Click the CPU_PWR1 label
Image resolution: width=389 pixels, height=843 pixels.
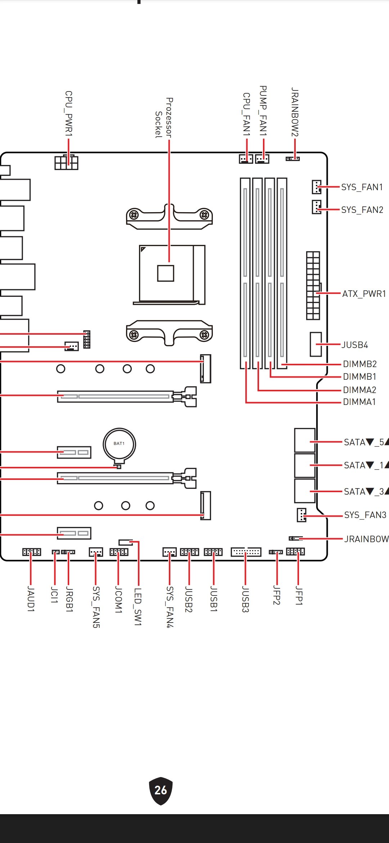click(68, 114)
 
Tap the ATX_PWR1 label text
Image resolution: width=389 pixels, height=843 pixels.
click(364, 294)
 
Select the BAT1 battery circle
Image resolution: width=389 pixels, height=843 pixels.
click(119, 444)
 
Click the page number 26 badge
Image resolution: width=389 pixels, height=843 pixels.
click(161, 790)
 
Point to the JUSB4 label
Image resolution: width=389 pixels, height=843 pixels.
click(355, 345)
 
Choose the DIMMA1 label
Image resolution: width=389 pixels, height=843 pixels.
click(359, 402)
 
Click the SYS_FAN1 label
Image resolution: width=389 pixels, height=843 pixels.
click(362, 187)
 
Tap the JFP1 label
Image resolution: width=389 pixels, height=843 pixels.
click(299, 596)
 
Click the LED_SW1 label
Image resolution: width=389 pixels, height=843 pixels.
click(138, 607)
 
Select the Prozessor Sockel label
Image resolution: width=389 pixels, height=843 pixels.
click(164, 118)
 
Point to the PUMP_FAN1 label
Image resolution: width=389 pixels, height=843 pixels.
click(263, 111)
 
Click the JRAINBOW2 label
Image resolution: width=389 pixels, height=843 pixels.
click(295, 112)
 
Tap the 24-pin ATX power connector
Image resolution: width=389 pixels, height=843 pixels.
click(313, 286)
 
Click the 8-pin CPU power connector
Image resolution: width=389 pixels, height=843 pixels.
click(66, 162)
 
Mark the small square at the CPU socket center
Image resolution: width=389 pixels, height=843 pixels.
click(166, 273)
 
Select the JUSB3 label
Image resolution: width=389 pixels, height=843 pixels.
click(245, 599)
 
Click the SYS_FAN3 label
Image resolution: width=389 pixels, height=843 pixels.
click(365, 515)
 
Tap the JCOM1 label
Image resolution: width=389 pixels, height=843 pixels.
click(118, 599)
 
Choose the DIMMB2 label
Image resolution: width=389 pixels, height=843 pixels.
click(359, 364)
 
